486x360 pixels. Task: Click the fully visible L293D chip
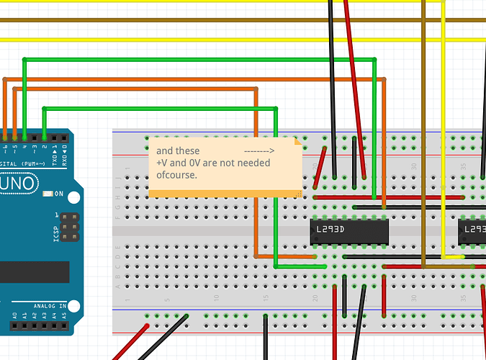point(350,230)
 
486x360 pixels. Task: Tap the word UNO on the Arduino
point(21,183)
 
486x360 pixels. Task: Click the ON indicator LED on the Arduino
point(48,194)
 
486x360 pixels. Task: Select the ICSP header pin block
point(69,227)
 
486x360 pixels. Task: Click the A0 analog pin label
point(14,315)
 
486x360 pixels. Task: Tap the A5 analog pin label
point(64,315)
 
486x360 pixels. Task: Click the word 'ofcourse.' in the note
point(176,174)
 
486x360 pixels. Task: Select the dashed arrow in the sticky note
point(259,151)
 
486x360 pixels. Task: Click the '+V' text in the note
point(163,163)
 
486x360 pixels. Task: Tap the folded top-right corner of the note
point(296,143)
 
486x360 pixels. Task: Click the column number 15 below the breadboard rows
point(266,297)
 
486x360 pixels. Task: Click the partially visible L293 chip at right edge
point(472,230)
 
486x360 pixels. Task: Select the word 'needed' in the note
point(255,163)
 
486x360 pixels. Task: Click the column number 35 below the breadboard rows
point(462,297)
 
